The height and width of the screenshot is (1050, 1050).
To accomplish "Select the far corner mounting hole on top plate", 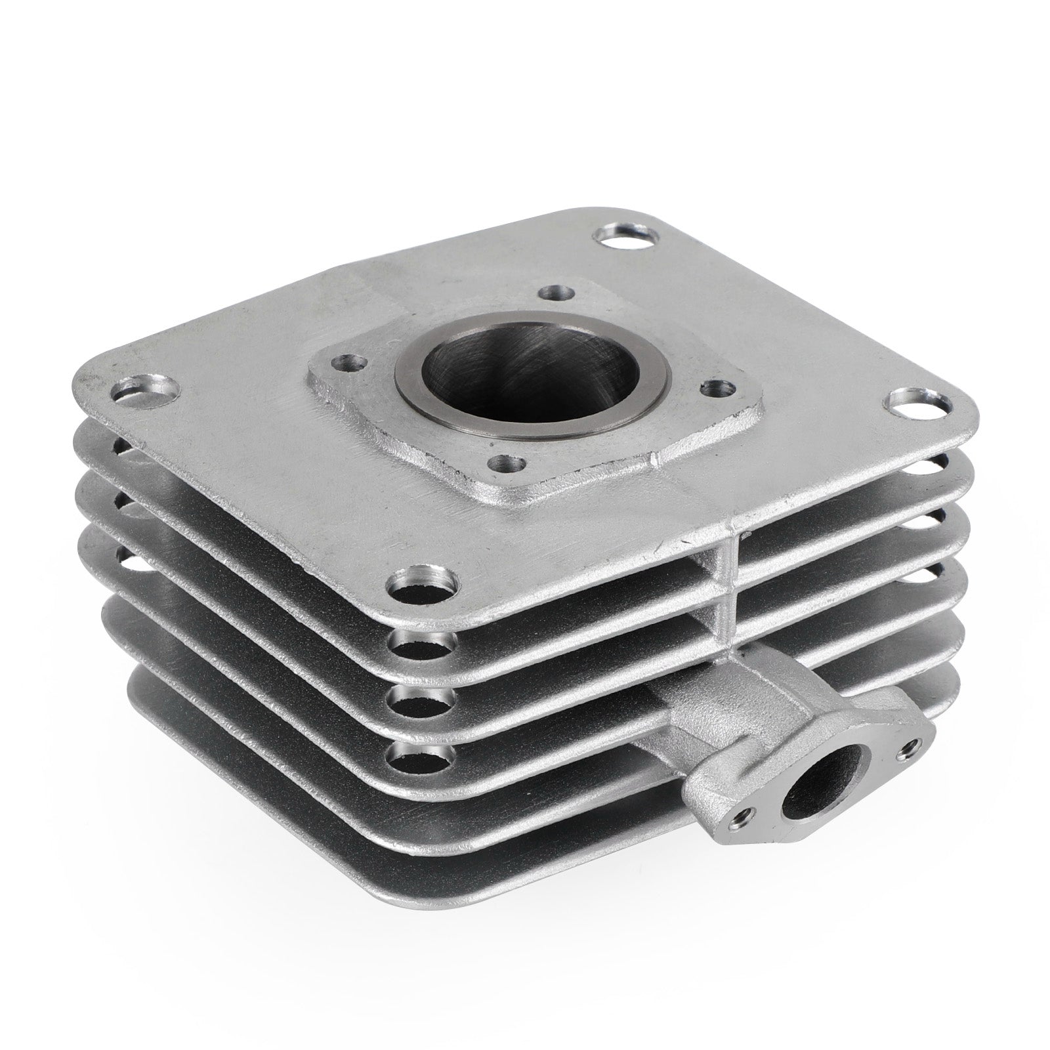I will click(x=622, y=238).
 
